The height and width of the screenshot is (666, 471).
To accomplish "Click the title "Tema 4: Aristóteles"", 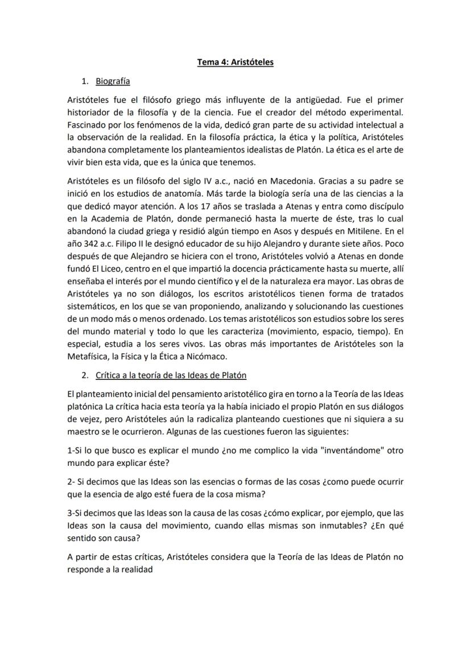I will pos(235,62).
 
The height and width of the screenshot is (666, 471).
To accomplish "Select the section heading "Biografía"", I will pos(113,81).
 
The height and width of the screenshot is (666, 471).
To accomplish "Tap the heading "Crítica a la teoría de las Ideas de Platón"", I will pos(171,375).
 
